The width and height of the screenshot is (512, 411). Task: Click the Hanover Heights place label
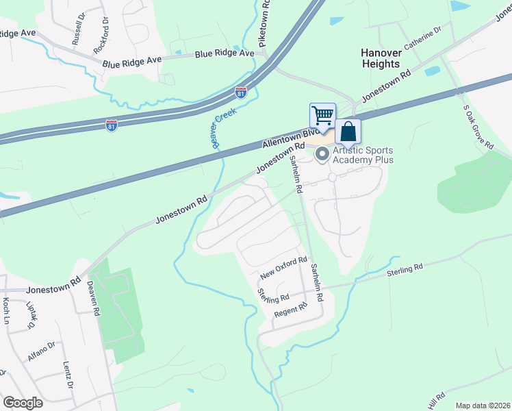pos(380,58)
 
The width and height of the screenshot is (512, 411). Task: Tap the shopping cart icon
pos(322,114)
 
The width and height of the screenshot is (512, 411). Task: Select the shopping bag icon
pos(348,131)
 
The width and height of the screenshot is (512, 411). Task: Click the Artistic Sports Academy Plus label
pos(364,155)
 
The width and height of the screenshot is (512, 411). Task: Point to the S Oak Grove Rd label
pos(478,127)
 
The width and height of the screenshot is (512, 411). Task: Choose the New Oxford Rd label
pos(283,269)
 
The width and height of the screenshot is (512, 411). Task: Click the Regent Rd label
pos(291,310)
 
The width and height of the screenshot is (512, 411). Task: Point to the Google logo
pos(23,403)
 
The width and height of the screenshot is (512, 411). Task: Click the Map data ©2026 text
pos(483,406)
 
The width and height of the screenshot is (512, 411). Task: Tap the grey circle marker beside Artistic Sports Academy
pos(322,155)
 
